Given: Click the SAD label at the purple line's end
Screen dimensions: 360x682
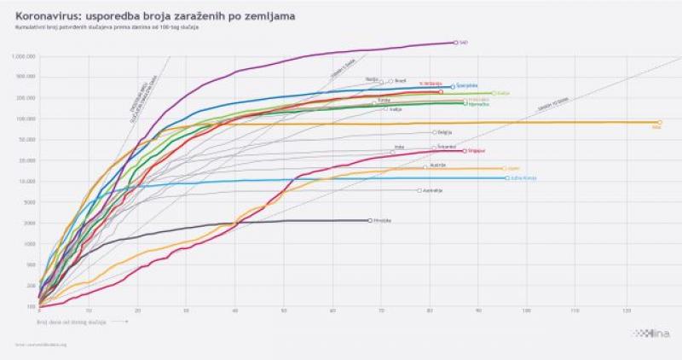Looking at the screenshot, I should [x=464, y=42].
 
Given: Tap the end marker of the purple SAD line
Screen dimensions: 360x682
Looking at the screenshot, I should [x=456, y=42].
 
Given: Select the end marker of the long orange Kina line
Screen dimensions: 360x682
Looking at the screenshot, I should [x=660, y=123].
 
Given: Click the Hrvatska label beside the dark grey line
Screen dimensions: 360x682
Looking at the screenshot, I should [x=383, y=220].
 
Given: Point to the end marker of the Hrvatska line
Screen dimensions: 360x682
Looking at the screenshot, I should [x=370, y=220].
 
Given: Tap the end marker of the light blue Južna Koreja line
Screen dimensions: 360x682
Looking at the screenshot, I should [x=507, y=178].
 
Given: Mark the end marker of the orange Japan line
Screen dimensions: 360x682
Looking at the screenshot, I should [x=504, y=168].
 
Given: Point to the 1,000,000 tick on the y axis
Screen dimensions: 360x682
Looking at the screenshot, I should [x=23, y=56].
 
